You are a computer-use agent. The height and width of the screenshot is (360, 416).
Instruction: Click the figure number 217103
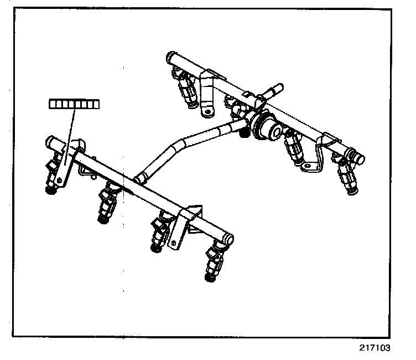(374, 348)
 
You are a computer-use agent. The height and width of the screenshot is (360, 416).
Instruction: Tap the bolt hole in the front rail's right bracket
(175, 241)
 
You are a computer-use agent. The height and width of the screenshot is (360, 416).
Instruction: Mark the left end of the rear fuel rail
(170, 56)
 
